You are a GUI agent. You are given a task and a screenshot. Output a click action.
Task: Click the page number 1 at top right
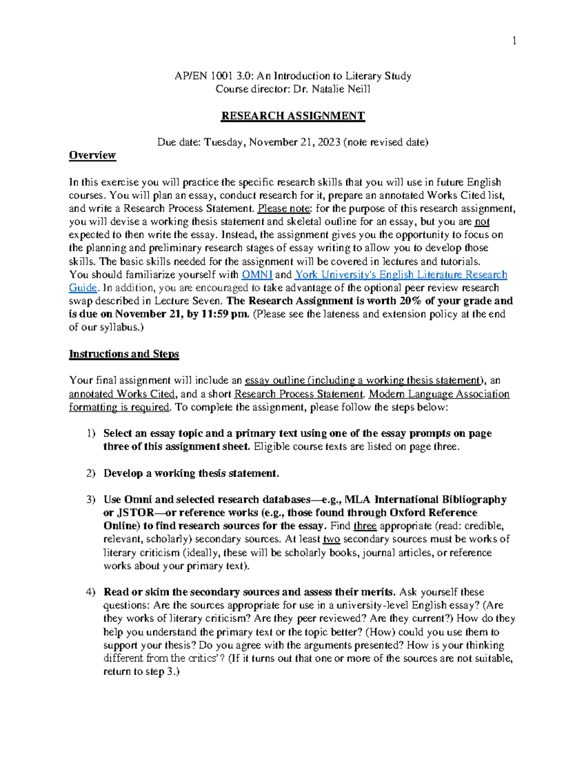click(514, 41)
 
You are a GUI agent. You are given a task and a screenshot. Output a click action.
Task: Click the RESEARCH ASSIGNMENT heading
click(293, 116)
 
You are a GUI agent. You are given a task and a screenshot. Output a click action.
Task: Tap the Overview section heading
click(92, 155)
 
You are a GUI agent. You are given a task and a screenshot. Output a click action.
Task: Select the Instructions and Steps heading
click(124, 354)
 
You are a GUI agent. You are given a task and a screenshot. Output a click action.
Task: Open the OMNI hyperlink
click(257, 275)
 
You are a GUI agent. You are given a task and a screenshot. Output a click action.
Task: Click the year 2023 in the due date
click(328, 142)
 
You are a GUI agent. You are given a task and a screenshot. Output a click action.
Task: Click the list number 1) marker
click(90, 434)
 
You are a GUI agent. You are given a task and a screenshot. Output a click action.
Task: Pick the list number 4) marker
click(90, 592)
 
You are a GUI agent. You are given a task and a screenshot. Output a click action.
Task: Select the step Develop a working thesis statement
click(191, 473)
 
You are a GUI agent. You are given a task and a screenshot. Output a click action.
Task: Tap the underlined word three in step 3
click(365, 526)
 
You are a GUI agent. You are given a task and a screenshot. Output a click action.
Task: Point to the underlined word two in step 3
click(332, 539)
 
